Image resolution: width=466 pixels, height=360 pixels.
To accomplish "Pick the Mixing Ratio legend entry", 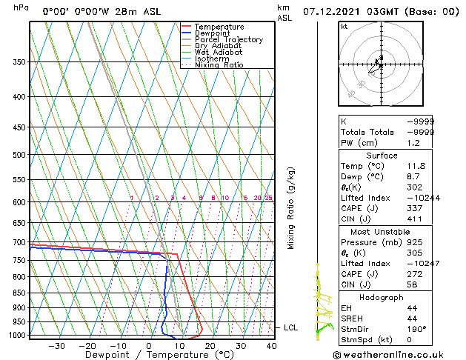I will [219, 65].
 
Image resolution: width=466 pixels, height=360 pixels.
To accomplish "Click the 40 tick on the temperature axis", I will [271, 346].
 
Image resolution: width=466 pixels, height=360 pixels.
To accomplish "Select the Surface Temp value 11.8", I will [416, 166].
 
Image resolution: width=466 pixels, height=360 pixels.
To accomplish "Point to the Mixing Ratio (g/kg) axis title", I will [291, 208].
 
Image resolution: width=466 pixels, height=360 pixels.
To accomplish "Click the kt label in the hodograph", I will [344, 26].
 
